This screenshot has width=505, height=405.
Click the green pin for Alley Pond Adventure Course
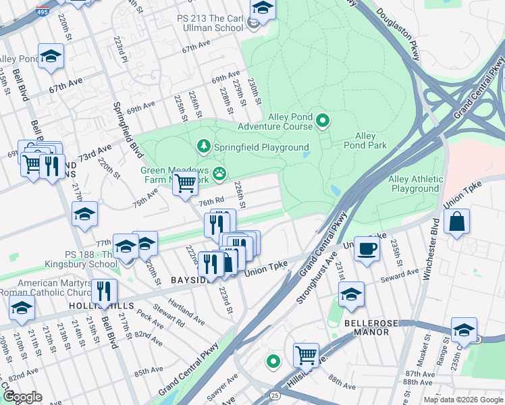click(323, 122)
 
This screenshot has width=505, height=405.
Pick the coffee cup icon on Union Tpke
click(367, 248)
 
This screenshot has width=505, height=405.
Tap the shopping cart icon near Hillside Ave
click(306, 354)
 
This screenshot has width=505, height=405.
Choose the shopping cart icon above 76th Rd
click(185, 183)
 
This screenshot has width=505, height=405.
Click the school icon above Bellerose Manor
click(351, 295)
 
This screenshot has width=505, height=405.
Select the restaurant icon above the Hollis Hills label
click(103, 292)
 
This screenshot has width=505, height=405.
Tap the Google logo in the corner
click(22, 397)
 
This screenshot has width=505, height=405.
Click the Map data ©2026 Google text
click(463, 400)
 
